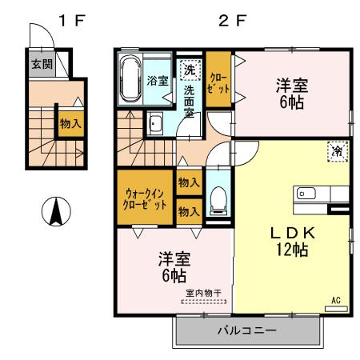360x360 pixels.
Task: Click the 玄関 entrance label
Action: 38,64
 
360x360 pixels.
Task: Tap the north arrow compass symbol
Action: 57,211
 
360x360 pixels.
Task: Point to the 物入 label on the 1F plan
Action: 71,124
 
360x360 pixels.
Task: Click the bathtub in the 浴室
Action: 130,79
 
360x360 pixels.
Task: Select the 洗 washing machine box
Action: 190,70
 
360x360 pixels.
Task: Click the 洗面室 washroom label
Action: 190,101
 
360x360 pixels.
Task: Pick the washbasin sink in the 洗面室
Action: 155,123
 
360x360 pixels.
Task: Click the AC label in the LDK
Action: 336,300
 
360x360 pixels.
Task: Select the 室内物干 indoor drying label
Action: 203,294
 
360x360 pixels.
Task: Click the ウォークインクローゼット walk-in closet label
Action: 146,198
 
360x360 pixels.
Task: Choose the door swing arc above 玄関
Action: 39,37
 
